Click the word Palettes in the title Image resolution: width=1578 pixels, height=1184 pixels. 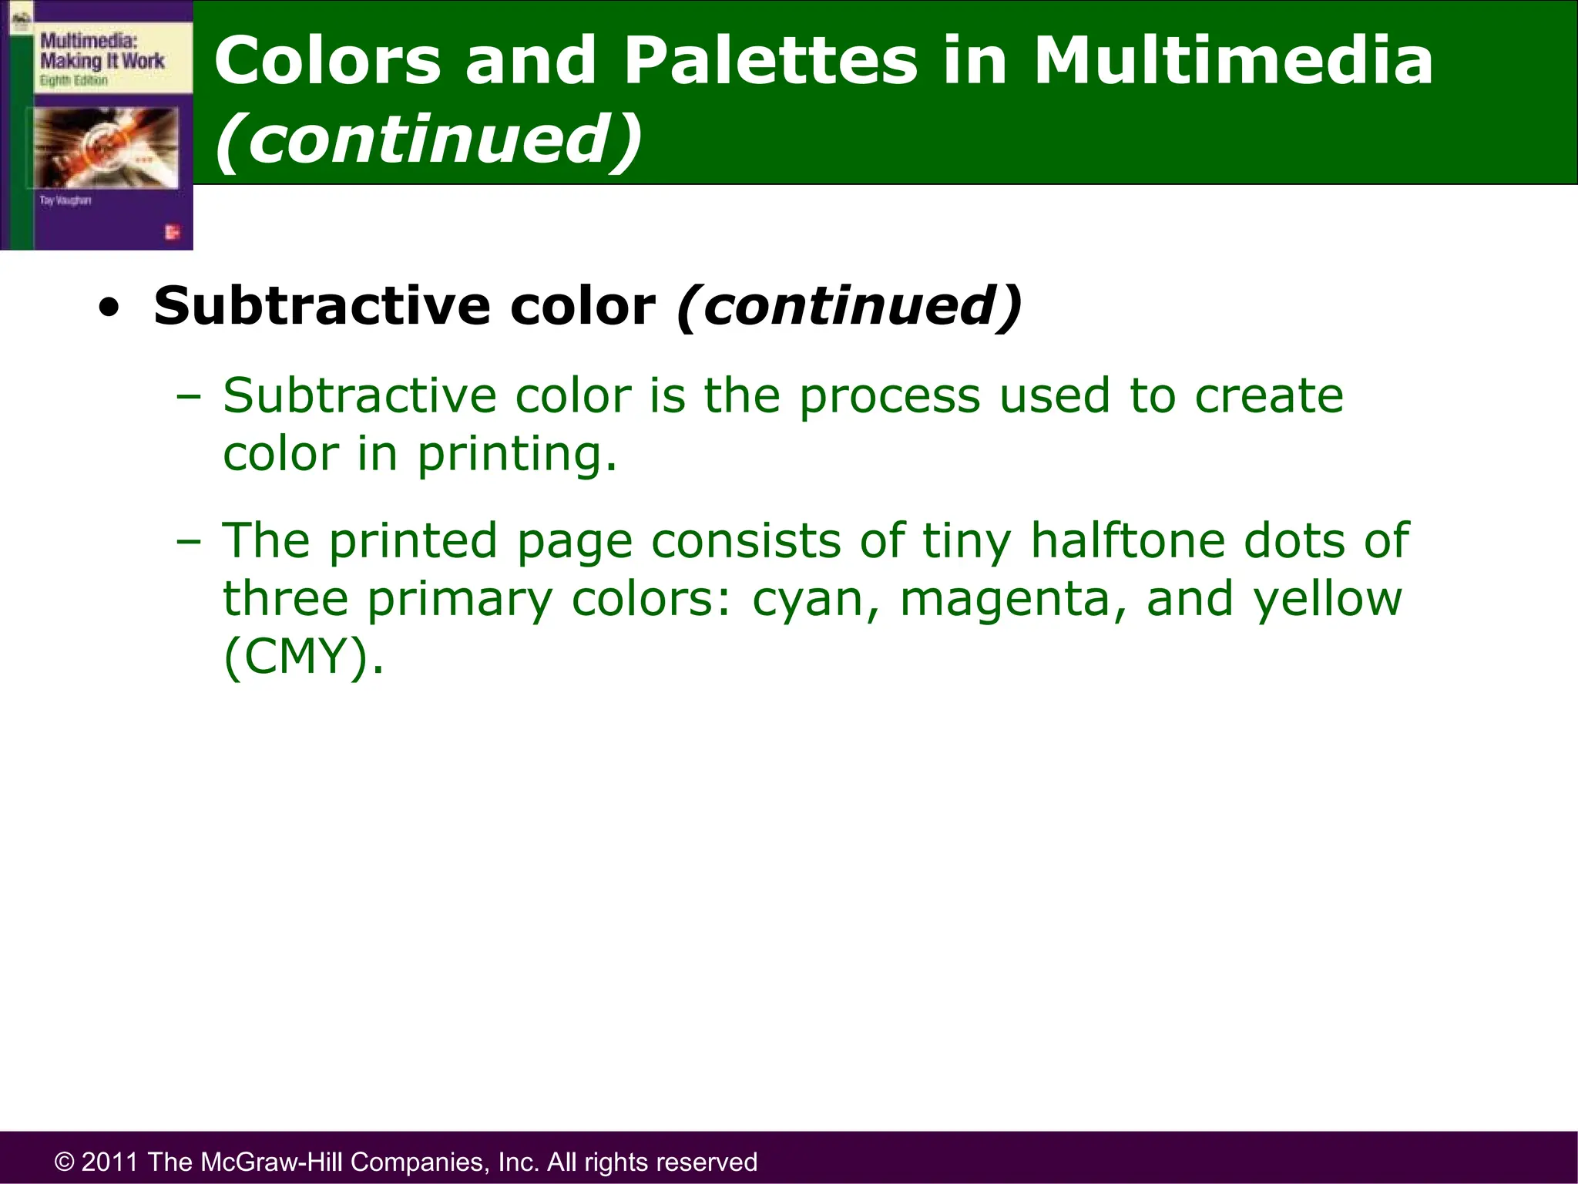tap(770, 62)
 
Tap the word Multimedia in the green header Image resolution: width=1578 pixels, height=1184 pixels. tap(1233, 62)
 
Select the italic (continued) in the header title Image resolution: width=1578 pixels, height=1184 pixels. tap(428, 140)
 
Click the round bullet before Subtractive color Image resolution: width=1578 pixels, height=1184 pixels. tap(109, 308)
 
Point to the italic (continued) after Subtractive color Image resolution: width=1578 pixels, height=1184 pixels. tap(849, 307)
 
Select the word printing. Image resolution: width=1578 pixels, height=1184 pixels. tap(516, 454)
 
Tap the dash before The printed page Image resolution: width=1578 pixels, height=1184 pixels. tap(188, 542)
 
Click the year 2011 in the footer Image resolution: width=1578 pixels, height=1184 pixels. tap(110, 1162)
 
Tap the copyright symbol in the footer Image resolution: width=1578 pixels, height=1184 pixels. tap(65, 1162)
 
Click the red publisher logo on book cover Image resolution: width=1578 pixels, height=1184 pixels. tap(171, 232)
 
